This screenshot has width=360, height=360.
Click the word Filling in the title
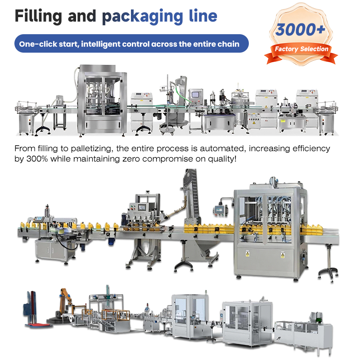coord(38,16)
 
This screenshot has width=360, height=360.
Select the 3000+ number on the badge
coord(300,30)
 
